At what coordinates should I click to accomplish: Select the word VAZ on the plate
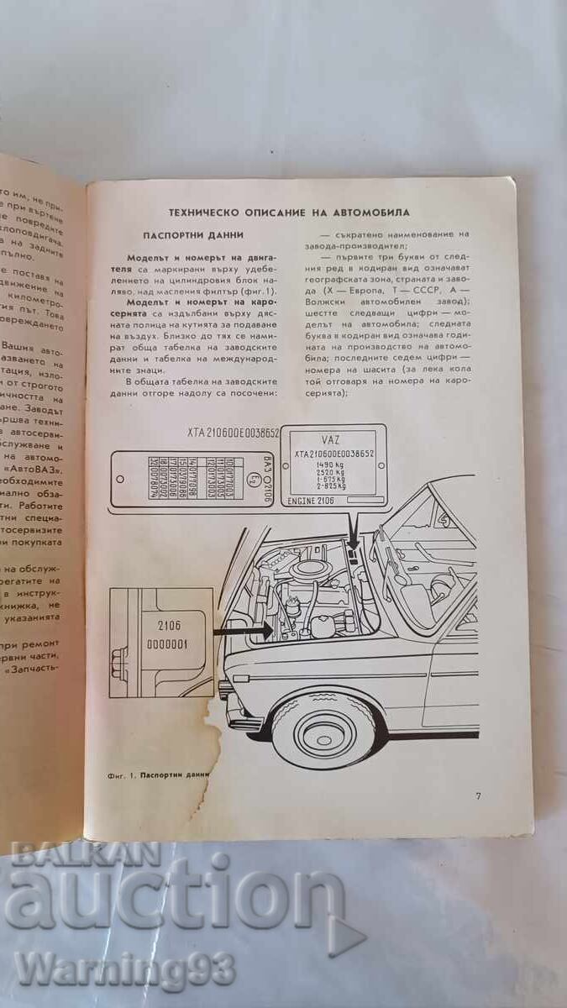(332, 438)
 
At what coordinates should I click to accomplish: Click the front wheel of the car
(320, 728)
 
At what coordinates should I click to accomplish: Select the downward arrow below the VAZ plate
(356, 531)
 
